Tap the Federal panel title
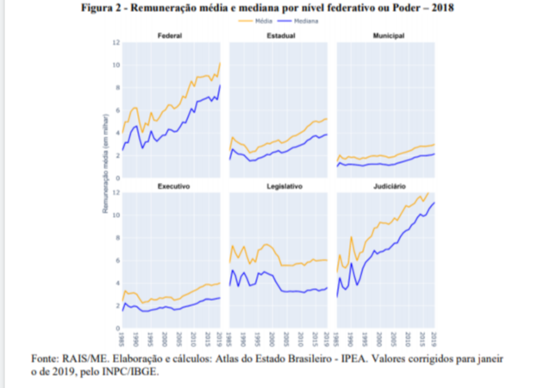169,35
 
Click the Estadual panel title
279,35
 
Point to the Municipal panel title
388,35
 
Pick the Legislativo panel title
282,186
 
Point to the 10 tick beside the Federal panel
115,65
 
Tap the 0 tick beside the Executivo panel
116,328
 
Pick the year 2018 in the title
440,7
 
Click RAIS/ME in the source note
90,358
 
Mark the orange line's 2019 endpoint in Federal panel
221,63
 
